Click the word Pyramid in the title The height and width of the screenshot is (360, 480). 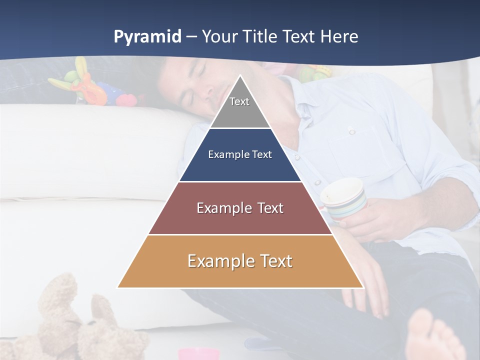tap(147, 37)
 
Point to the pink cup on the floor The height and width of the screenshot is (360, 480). tap(199, 354)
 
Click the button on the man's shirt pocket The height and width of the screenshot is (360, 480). tap(352, 131)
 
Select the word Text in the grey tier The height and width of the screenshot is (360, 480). tap(239, 101)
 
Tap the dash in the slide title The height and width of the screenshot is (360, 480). tap(191, 37)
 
